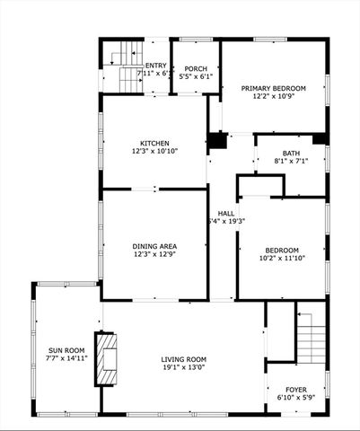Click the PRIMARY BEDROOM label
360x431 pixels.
pos(273,88)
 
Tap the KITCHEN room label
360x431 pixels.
pos(154,143)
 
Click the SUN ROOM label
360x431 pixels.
pos(66,349)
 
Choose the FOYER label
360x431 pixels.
pos(292,389)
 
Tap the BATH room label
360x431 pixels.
pos(291,153)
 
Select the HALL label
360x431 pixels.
pos(226,213)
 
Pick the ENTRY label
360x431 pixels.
pos(156,65)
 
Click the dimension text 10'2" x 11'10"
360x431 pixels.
pos(282,259)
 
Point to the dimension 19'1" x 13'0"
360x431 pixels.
pos(183,366)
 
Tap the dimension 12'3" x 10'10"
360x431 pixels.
pos(154,151)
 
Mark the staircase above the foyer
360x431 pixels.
pos(310,334)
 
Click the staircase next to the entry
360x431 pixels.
pos(123,65)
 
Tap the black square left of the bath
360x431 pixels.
pos(217,141)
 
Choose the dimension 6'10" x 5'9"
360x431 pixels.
pos(292,397)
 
